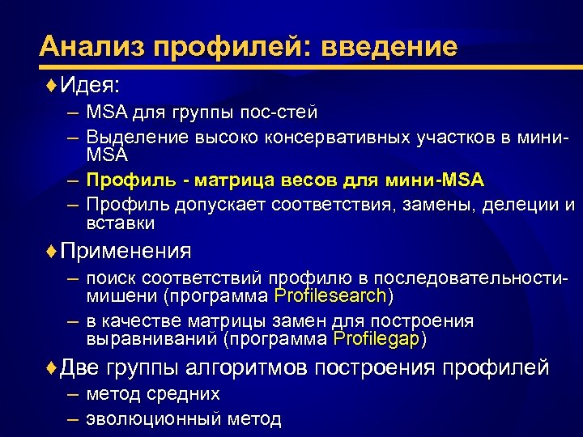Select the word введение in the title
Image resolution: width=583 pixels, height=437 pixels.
tap(389, 46)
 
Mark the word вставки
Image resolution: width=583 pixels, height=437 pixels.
tap(120, 223)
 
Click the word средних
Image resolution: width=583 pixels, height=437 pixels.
tap(183, 395)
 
